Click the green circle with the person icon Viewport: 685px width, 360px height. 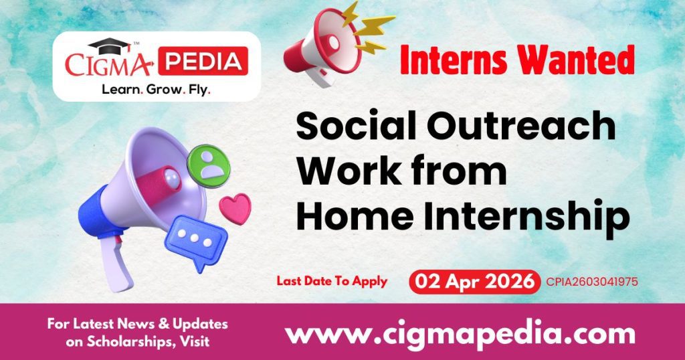pos(209,163)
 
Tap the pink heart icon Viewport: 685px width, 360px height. pos(235,208)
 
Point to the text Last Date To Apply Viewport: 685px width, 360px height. pos(332,281)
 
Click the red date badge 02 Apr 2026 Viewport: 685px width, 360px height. pos(474,282)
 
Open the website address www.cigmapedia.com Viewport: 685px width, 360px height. pos(460,333)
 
